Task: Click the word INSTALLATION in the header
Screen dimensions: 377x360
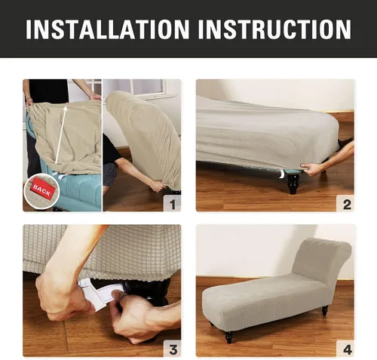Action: pos(107,29)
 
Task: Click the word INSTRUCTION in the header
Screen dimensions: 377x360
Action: pos(274,29)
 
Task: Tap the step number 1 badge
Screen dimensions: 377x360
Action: pos(172,204)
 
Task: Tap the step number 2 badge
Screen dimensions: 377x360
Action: pos(345,204)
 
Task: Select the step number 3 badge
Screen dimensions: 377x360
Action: pos(172,349)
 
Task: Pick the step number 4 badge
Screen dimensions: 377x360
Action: pos(345,349)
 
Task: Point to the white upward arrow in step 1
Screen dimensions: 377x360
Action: pos(61,134)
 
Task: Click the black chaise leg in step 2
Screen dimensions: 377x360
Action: pos(293,183)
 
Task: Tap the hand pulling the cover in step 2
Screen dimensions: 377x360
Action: pos(311,169)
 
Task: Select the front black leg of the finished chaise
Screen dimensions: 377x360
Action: pos(228,337)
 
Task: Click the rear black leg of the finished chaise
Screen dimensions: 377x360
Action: pos(325,310)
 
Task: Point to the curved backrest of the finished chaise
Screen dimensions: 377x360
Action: pos(322,259)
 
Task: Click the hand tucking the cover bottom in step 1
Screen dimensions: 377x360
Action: pos(158,186)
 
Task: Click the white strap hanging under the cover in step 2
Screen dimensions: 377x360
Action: pos(282,174)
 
